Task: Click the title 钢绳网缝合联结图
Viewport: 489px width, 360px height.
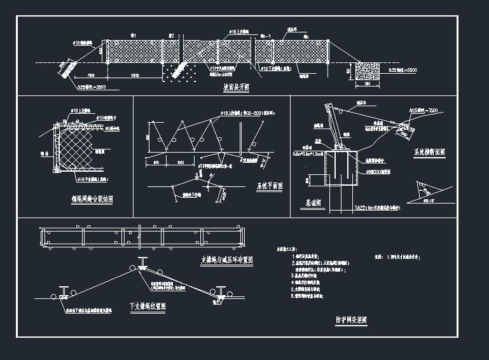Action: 92,198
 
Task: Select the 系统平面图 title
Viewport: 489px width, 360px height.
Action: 269,186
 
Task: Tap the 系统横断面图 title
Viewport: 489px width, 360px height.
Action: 429,153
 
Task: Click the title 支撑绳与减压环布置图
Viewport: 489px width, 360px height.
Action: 227,260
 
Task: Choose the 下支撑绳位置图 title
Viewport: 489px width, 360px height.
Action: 148,306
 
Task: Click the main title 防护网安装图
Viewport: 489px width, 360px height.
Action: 352,321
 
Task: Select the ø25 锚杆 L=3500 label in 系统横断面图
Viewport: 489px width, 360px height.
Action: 424,111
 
